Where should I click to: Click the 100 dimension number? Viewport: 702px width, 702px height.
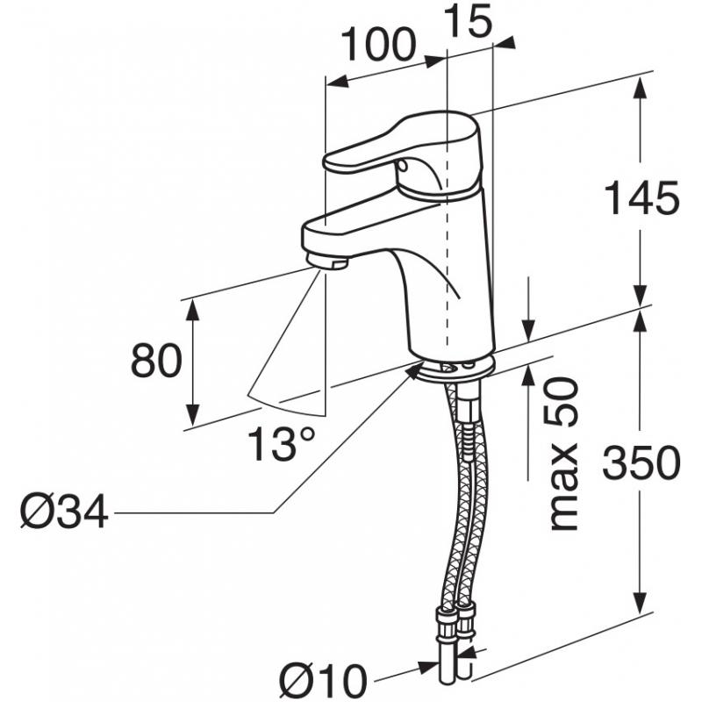(379, 45)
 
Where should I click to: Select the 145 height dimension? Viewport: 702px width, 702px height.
(641, 197)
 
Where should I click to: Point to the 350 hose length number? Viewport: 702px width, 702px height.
(641, 462)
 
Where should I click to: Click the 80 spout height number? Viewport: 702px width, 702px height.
(156, 361)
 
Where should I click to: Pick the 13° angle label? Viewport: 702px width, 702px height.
(281, 443)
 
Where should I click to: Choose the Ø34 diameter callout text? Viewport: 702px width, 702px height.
(64, 512)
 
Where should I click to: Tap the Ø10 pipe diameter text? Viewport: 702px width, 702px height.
(322, 682)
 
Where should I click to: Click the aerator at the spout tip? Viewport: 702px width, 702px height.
(327, 261)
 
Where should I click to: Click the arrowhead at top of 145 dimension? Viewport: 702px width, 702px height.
(641, 89)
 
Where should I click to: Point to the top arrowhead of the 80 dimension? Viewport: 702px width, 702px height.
(192, 310)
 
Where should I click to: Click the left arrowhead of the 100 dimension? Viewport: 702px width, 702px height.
(338, 82)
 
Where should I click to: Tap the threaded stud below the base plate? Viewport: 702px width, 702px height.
(469, 421)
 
